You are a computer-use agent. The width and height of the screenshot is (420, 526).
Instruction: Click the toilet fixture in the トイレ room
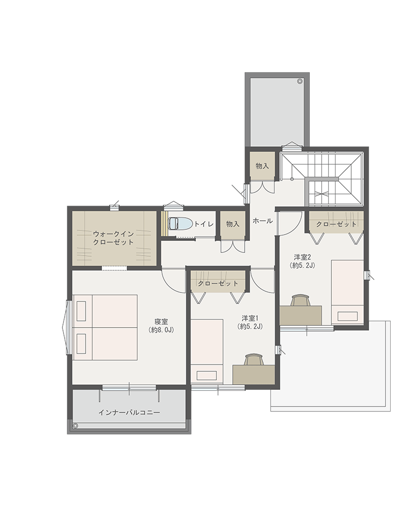coord(180,224)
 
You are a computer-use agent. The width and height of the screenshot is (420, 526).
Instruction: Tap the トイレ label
coord(204,224)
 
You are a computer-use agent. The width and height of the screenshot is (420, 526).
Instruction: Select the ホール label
coord(262,221)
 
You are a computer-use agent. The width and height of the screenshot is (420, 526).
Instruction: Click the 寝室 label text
coord(161,321)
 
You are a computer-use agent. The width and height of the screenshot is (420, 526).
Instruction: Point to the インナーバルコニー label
coord(129,412)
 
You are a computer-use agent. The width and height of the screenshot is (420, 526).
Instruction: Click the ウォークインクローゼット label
coord(113,238)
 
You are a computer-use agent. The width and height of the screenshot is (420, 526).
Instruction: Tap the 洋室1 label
coord(250,318)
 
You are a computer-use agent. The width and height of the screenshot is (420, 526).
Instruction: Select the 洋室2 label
coord(303,257)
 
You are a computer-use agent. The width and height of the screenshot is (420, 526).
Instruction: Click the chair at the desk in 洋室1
coord(254,360)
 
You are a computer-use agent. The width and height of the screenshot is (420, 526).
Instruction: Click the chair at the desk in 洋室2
coord(300,300)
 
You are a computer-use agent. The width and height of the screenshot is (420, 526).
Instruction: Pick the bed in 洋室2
coord(348,292)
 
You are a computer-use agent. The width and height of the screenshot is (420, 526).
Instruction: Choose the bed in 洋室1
coord(207,351)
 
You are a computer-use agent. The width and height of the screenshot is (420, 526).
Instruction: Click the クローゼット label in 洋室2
coord(336,224)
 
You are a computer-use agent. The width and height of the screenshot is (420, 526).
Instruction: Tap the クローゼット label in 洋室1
coord(218,284)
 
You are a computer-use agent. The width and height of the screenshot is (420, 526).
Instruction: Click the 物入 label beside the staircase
coord(262,166)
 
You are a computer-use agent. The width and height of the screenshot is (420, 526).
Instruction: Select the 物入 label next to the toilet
coord(233,224)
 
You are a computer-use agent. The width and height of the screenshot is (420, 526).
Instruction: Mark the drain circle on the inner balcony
coord(76,426)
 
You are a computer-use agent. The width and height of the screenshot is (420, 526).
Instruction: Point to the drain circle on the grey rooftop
coord(299,81)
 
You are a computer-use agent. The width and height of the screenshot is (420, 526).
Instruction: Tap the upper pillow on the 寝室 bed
coord(81,311)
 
